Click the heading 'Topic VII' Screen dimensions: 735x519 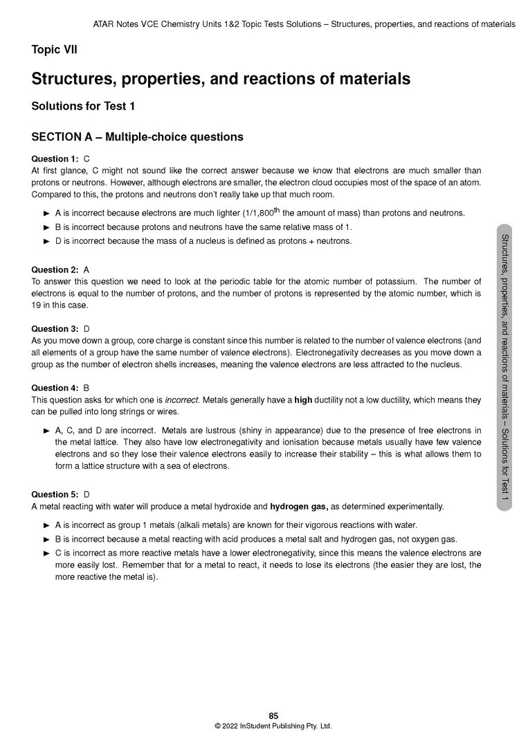click(x=55, y=49)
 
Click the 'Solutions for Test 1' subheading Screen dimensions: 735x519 click(x=83, y=106)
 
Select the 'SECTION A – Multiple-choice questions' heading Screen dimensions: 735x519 click(x=137, y=136)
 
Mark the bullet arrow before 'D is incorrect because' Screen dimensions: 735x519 click(x=47, y=241)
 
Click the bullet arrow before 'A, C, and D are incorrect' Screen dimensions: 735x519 click(x=47, y=430)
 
